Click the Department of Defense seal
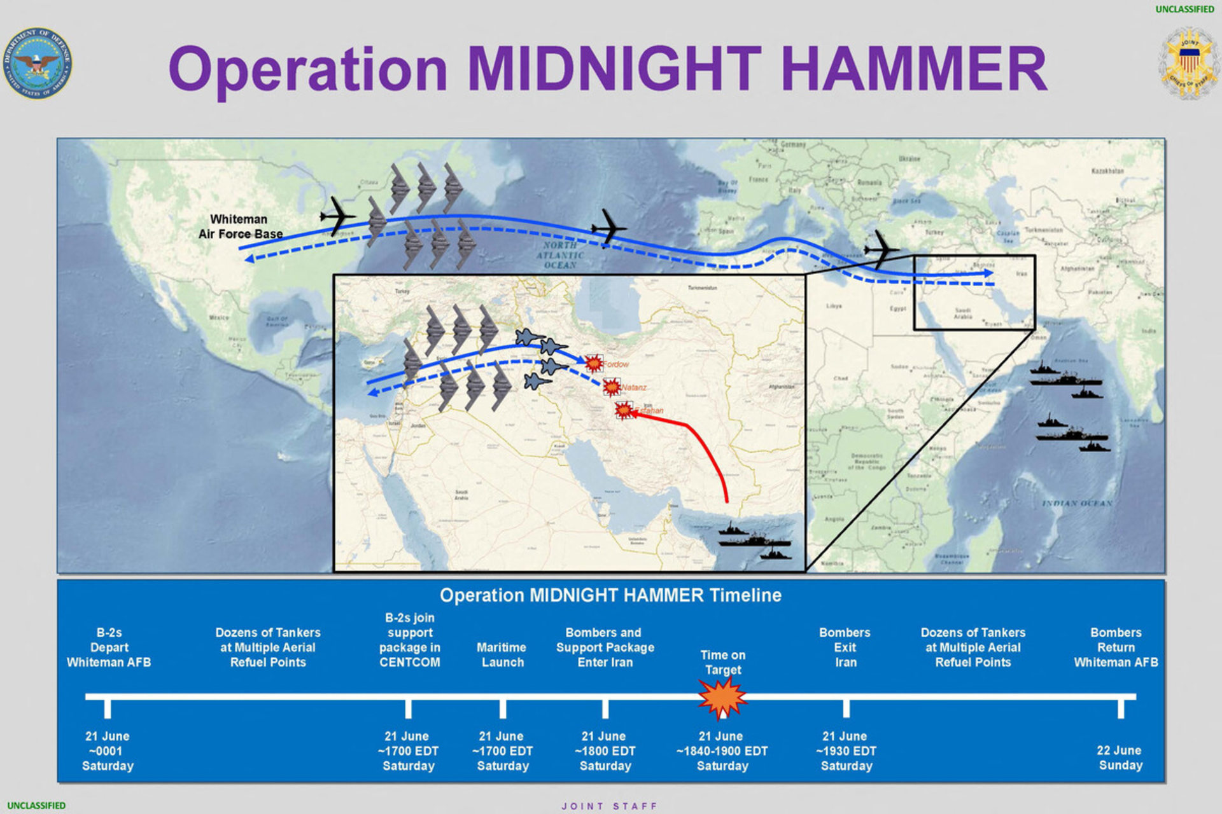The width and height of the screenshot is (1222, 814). click(37, 63)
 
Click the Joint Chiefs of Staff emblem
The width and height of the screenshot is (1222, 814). click(1189, 63)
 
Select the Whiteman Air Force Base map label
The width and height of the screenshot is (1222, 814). click(239, 226)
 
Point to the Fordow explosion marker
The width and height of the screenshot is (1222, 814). click(593, 363)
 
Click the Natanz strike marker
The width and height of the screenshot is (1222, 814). click(612, 387)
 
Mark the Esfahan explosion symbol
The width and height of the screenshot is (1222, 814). click(624, 410)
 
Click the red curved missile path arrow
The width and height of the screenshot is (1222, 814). click(706, 445)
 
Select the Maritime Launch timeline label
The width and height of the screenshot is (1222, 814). click(502, 654)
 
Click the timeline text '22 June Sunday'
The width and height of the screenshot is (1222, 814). click(1120, 757)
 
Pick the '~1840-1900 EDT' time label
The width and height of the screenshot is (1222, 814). click(722, 751)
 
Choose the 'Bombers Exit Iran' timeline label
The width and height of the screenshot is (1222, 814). click(845, 647)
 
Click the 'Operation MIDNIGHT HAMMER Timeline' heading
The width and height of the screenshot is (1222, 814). click(610, 595)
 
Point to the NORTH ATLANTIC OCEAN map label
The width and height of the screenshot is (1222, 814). click(559, 255)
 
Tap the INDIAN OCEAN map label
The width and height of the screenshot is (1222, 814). click(1077, 503)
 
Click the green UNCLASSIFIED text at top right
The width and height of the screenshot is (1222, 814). click(1184, 10)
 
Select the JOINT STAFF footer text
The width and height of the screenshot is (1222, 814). click(609, 806)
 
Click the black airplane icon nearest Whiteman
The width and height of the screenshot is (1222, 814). click(337, 216)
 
